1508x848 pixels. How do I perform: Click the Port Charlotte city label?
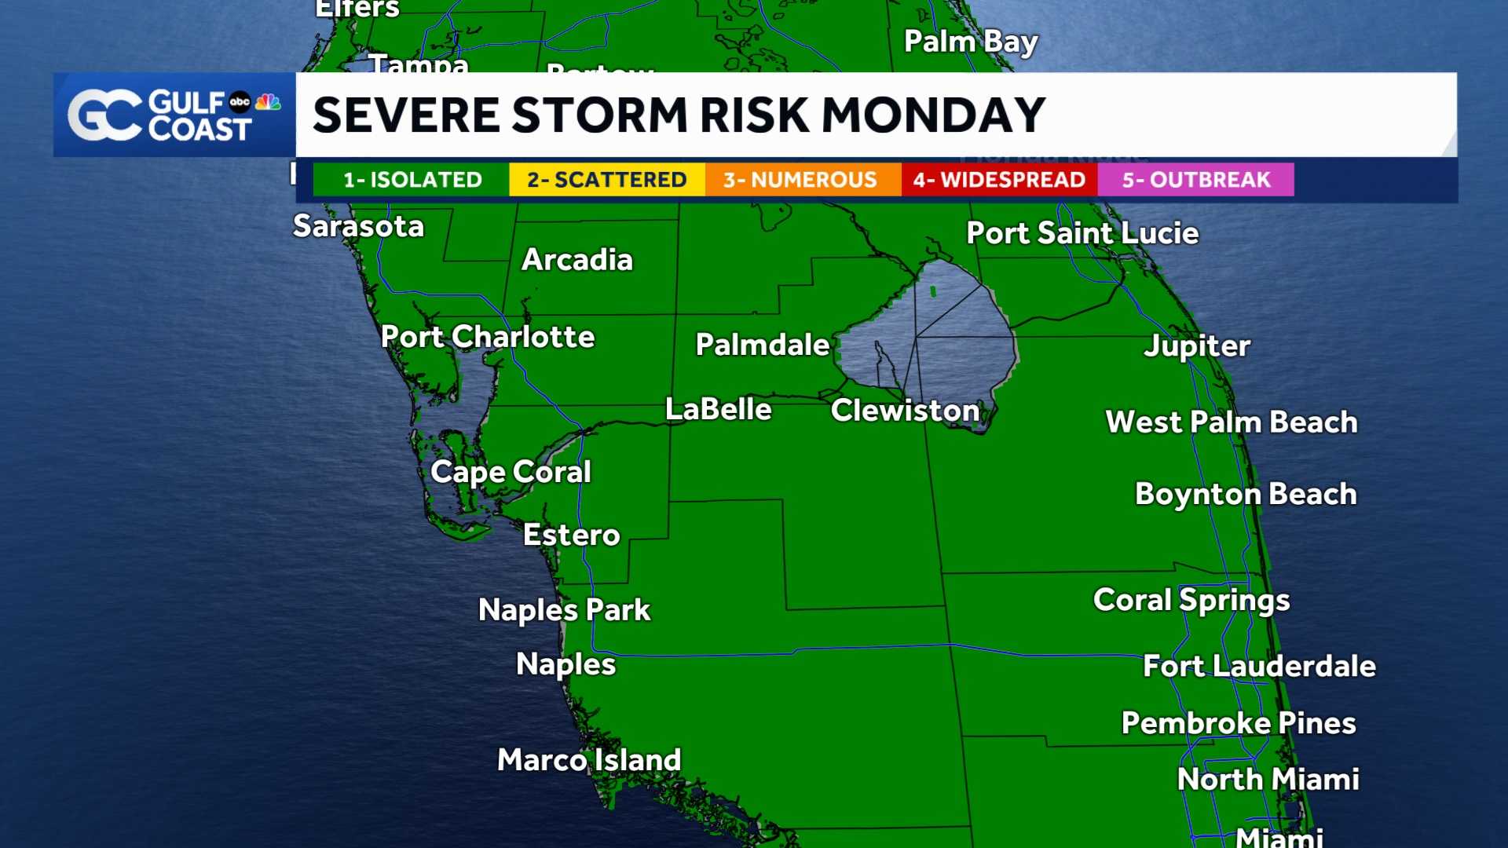tap(488, 337)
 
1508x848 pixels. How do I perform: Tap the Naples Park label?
tap(564, 610)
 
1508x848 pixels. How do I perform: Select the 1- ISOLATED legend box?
tap(412, 180)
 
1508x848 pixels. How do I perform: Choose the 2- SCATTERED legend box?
tap(606, 180)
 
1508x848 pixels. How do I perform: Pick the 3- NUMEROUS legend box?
tap(800, 180)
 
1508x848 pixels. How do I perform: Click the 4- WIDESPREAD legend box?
tap(999, 180)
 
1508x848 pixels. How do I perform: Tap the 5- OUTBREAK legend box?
tap(1195, 180)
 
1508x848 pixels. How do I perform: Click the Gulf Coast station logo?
tap(174, 115)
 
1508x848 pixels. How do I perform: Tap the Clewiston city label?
tap(905, 411)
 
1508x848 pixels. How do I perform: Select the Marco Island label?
tap(589, 760)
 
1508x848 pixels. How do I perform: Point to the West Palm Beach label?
tap(1231, 422)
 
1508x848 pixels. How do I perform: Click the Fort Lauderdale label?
tap(1259, 667)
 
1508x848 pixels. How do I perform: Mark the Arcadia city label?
tap(577, 260)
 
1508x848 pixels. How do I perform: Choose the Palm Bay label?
tap(971, 42)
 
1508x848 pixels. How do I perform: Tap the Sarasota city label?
tap(358, 226)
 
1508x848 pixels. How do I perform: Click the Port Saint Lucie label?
tap(1082, 233)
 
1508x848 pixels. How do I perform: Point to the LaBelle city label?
tap(718, 409)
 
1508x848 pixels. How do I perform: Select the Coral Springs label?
tap(1191, 601)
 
